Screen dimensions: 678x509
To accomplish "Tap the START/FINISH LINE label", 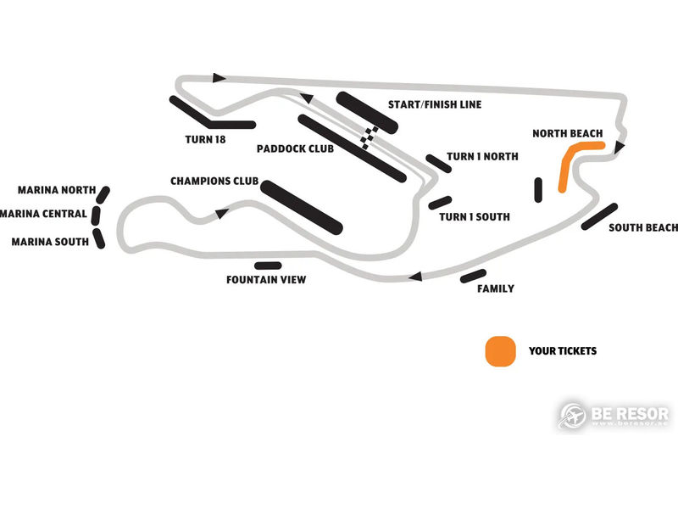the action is (435, 104).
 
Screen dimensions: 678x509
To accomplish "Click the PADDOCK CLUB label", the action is (295, 149).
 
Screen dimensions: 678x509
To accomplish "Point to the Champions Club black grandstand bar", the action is (302, 207).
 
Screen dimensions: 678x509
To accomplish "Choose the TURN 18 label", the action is (205, 139).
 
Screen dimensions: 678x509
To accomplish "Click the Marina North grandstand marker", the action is (103, 195).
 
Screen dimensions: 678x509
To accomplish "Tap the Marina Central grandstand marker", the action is (96, 215).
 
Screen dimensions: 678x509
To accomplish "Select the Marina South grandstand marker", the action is (99, 238).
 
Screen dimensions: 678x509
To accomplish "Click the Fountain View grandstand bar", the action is (268, 266).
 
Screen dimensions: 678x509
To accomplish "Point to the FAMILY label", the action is (496, 288).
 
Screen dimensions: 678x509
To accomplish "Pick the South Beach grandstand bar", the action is (599, 216).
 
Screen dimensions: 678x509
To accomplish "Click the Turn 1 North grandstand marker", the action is (439, 164).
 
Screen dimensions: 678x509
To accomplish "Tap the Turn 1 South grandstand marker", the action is (440, 203).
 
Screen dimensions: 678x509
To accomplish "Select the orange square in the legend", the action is (500, 351).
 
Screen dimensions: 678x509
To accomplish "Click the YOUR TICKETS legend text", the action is (563, 351).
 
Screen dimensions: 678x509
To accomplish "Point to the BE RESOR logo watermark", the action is (614, 416).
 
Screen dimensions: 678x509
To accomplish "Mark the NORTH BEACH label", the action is (567, 134).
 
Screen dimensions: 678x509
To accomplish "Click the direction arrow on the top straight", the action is (220, 78).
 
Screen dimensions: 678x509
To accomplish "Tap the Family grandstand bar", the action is (473, 277).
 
